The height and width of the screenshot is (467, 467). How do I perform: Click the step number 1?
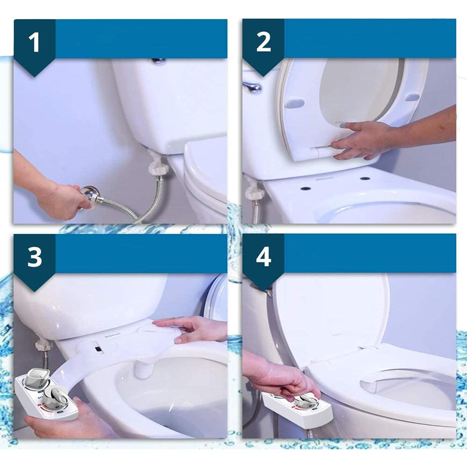pyautogui.click(x=34, y=42)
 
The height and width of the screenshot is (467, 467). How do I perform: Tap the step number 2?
pyautogui.click(x=263, y=42)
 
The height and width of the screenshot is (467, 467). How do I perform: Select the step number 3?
pyautogui.click(x=34, y=257)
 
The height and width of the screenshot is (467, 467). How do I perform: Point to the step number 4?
pyautogui.click(x=263, y=257)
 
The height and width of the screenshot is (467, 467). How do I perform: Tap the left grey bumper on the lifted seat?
pyautogui.click(x=295, y=103)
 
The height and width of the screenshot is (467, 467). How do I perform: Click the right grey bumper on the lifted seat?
pyautogui.click(x=413, y=97)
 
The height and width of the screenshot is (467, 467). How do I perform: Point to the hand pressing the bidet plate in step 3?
pyautogui.click(x=187, y=330)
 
